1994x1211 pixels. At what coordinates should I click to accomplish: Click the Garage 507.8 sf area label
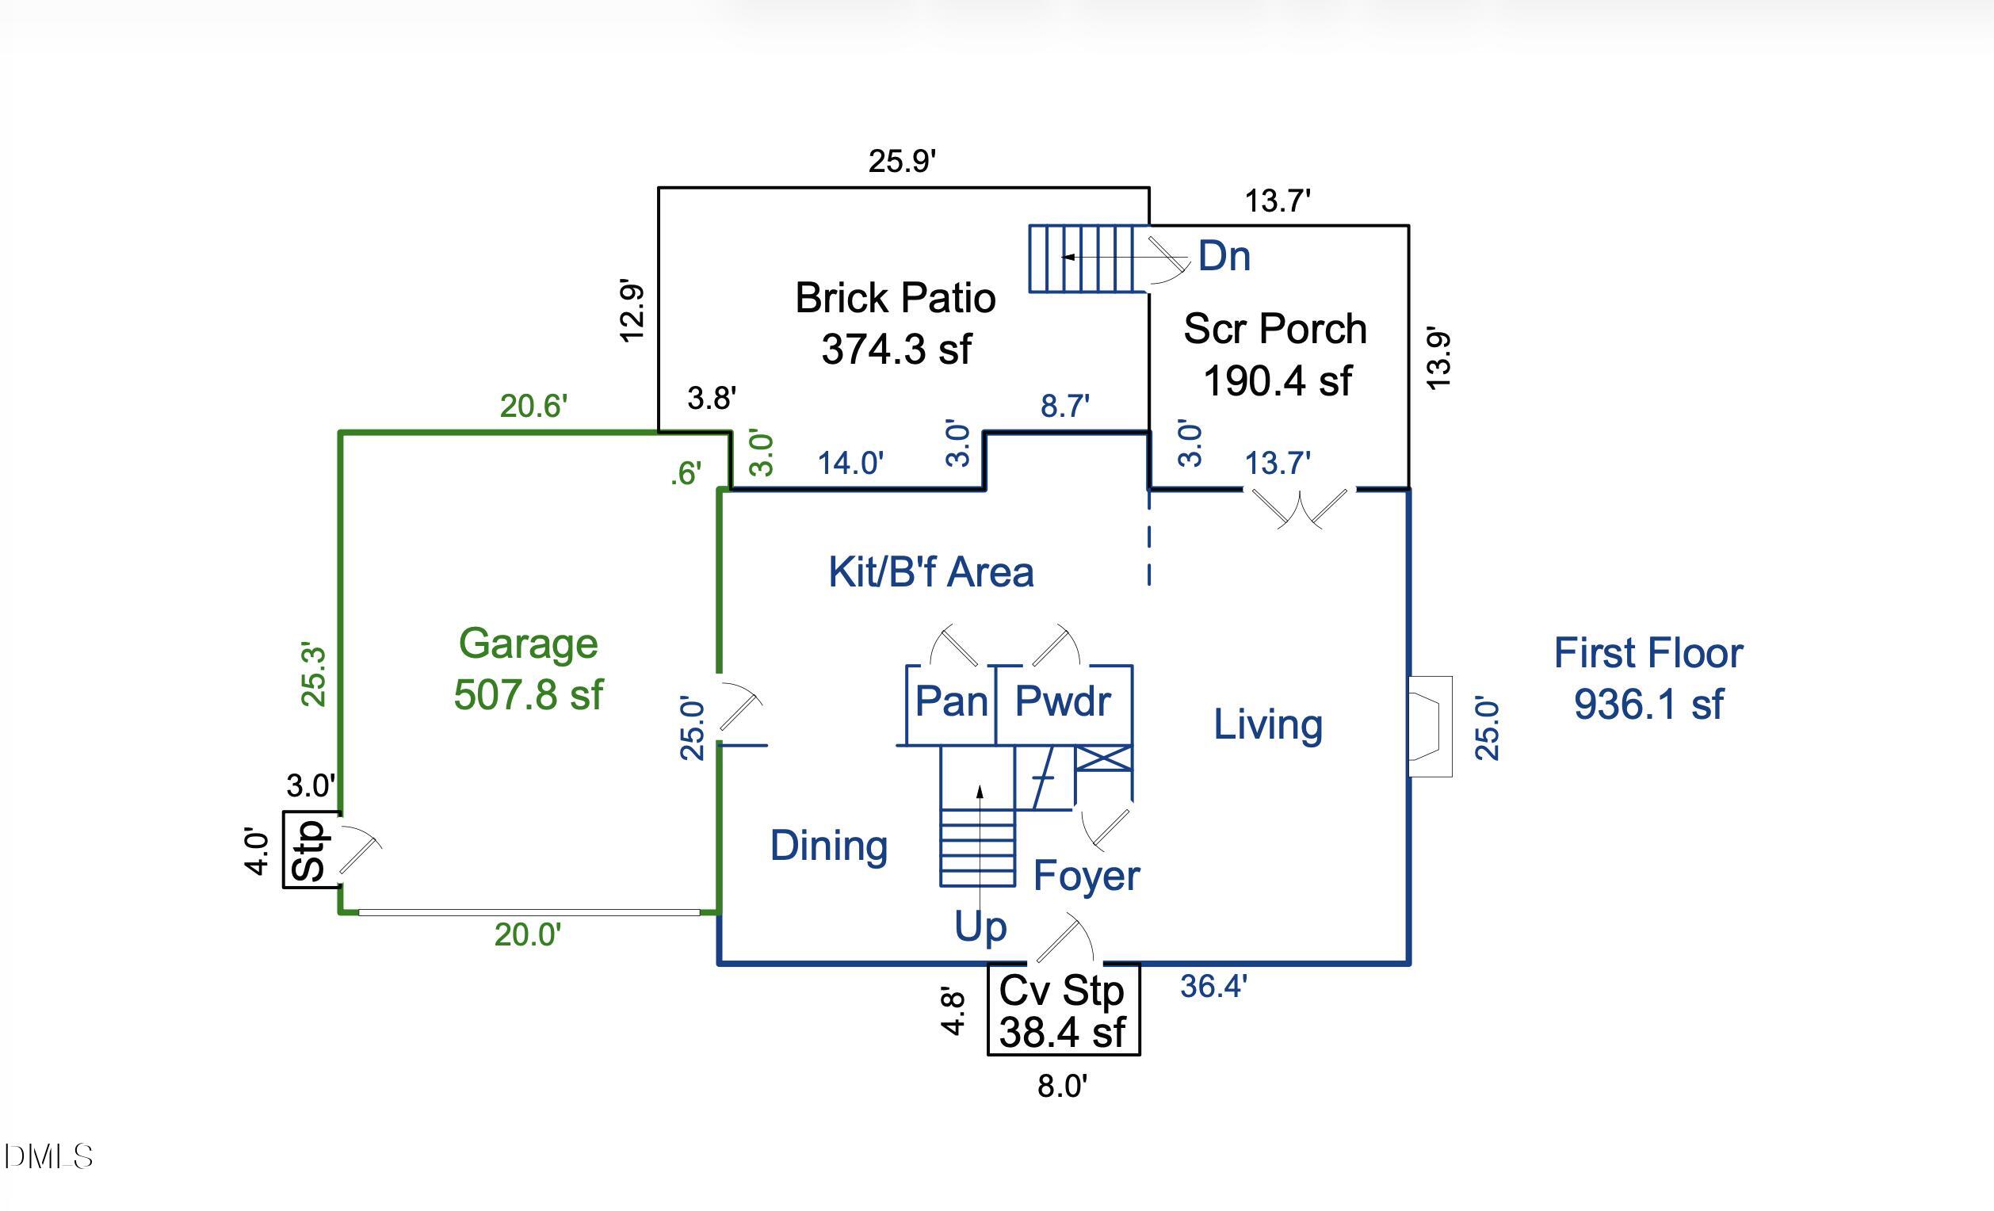pyautogui.click(x=529, y=669)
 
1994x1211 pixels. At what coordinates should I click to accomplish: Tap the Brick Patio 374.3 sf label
pyautogui.click(x=895, y=323)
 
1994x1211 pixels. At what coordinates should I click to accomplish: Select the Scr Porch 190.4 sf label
pyautogui.click(x=1275, y=353)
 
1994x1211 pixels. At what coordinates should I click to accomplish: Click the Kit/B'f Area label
pyautogui.click(x=930, y=571)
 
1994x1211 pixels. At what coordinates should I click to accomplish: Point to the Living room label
pyautogui.click(x=1267, y=724)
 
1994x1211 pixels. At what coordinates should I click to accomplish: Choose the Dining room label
pyautogui.click(x=829, y=846)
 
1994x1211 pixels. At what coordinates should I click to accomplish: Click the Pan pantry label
pyautogui.click(x=951, y=701)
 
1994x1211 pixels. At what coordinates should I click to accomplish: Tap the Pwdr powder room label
pyautogui.click(x=1063, y=701)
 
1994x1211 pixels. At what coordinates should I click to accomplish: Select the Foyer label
pyautogui.click(x=1086, y=876)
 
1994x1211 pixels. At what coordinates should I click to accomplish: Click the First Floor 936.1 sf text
pyautogui.click(x=1648, y=678)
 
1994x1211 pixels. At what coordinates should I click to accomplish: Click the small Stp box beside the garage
pyautogui.click(x=309, y=850)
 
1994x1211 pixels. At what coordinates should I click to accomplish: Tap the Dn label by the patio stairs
pyautogui.click(x=1224, y=256)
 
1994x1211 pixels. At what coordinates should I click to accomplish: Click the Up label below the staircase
pyautogui.click(x=980, y=926)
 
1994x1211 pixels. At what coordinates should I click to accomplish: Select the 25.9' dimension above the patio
pyautogui.click(x=902, y=161)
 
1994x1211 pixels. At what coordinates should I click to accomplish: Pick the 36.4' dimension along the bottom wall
pyautogui.click(x=1213, y=986)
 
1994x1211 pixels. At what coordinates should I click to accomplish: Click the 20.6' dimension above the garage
pyautogui.click(x=533, y=406)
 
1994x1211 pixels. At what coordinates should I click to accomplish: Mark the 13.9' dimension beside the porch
pyautogui.click(x=1438, y=358)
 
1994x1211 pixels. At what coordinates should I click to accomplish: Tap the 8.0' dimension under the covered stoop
pyautogui.click(x=1062, y=1087)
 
